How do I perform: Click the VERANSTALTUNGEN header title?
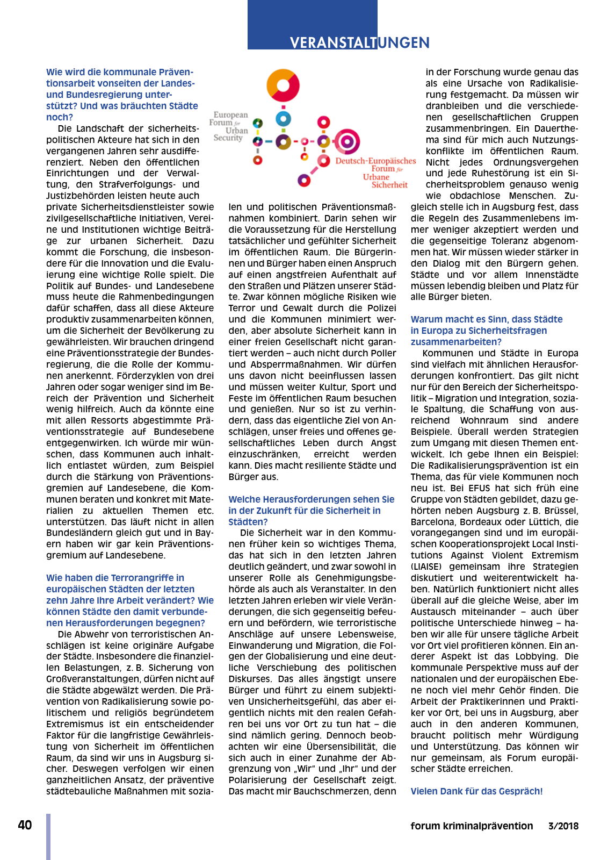[x=359, y=42]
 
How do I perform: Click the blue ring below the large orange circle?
[x=283, y=119]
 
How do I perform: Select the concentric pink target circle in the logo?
[x=348, y=142]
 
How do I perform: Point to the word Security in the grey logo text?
[x=228, y=138]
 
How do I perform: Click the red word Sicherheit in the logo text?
[x=389, y=185]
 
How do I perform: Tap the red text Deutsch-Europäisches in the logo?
[x=375, y=161]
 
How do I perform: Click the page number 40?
[x=25, y=825]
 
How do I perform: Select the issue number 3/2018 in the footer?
[x=563, y=826]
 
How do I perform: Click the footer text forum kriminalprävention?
[x=472, y=826]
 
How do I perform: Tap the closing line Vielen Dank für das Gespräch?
[x=476, y=791]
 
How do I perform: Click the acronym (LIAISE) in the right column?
[x=426, y=567]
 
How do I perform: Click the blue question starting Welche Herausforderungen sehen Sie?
[x=312, y=499]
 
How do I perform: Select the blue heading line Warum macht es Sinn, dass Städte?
[x=487, y=319]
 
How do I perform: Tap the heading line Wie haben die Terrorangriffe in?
[x=115, y=578]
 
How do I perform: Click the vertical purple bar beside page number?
[x=48, y=836]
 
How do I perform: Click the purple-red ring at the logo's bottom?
[x=305, y=180]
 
